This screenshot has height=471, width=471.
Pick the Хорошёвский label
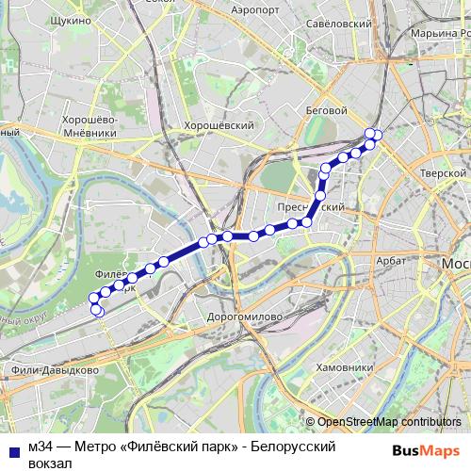tap(219, 124)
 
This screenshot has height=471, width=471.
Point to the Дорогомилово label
tap(244, 317)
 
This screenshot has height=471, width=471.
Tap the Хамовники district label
tap(346, 367)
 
